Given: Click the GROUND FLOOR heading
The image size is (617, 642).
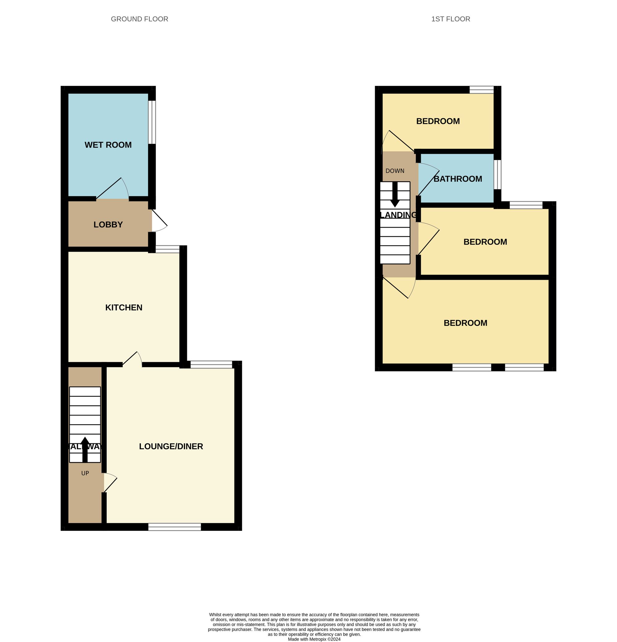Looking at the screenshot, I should click(139, 19).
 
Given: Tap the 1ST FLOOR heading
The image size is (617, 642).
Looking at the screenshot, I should click(450, 19).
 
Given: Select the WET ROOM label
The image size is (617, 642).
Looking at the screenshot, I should click(108, 145).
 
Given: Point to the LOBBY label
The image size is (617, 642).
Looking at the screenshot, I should click(108, 224).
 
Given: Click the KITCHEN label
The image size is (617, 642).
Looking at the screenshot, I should click(124, 307).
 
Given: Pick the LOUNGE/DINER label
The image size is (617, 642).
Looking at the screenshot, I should click(171, 446).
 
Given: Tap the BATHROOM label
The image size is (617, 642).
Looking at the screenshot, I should click(458, 179).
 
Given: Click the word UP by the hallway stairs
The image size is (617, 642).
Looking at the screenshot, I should click(85, 473).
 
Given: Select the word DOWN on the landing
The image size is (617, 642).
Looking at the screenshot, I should click(395, 171).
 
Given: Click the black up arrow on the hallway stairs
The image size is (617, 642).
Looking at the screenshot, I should click(85, 449).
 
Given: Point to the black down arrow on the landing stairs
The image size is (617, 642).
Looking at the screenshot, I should click(395, 195).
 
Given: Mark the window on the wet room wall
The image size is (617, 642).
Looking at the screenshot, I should click(152, 122).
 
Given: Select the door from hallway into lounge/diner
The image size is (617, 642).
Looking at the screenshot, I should click(110, 482).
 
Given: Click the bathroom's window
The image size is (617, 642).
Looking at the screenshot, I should click(497, 174).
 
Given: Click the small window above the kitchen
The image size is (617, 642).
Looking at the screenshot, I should click(167, 249).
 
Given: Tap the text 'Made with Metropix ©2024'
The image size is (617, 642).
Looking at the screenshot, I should click(314, 639).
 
